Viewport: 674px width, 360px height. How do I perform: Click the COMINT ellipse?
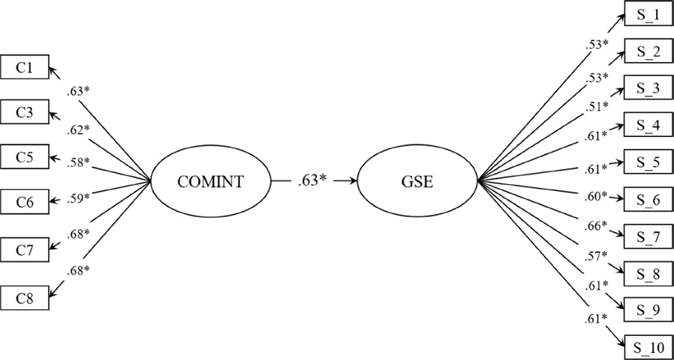coord(210,181)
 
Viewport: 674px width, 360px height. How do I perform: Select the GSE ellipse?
coord(418,181)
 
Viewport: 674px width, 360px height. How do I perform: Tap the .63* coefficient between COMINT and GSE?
coord(313,181)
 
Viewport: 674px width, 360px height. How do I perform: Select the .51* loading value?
coord(598,106)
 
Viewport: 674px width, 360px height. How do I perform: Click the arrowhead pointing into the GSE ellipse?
coord(352,181)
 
